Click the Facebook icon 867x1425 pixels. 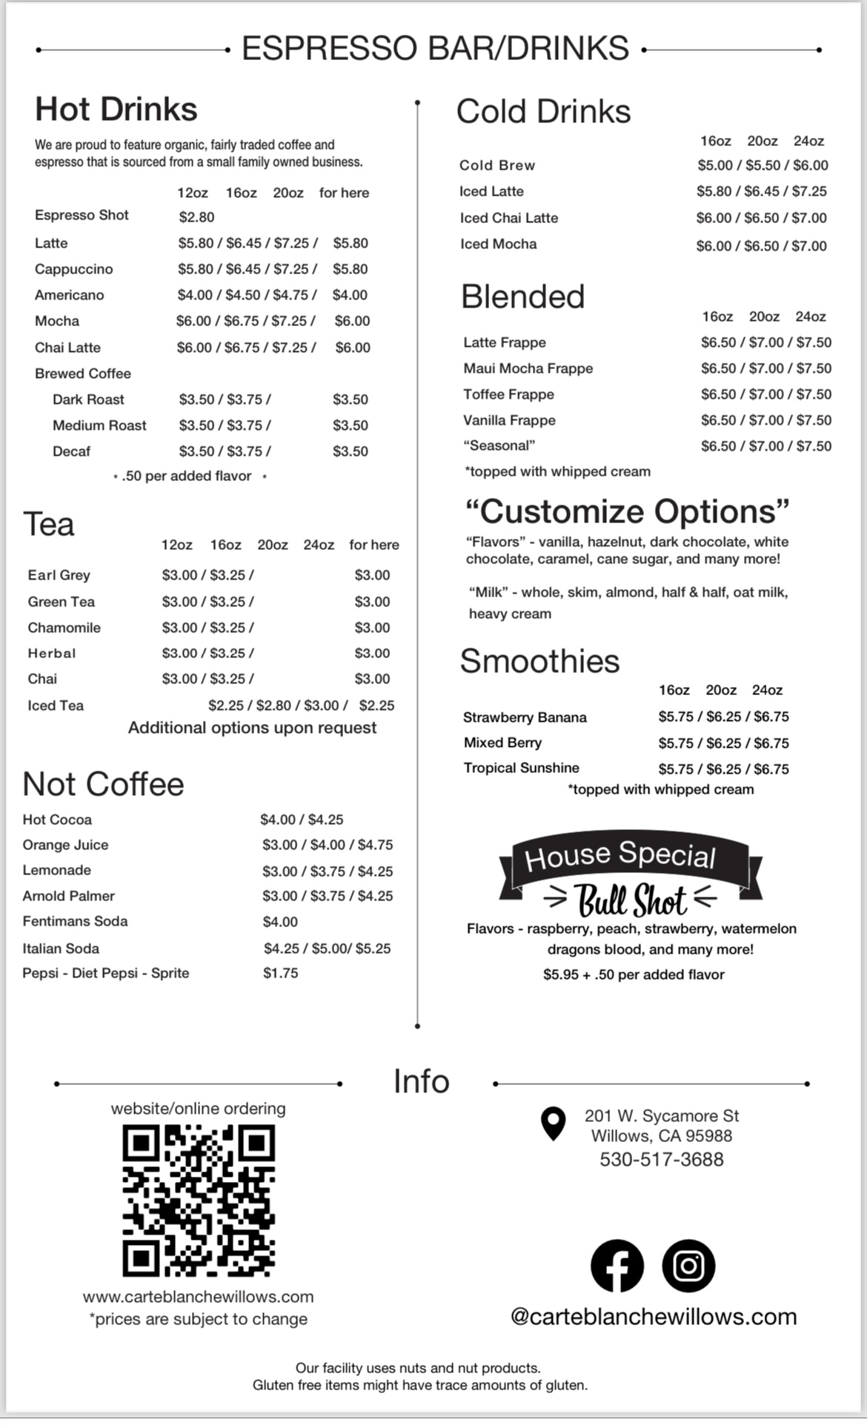(x=617, y=1265)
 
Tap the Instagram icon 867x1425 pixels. (x=688, y=1265)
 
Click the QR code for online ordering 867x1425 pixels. (x=199, y=1200)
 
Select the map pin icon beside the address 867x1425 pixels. (x=553, y=1123)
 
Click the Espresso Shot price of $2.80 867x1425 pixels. (x=196, y=217)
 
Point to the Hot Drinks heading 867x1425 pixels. (x=116, y=109)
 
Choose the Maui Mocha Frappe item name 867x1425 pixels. (x=528, y=368)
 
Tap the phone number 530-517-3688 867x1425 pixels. (x=661, y=1159)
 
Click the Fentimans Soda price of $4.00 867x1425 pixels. (x=280, y=922)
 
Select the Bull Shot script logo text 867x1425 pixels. (x=631, y=900)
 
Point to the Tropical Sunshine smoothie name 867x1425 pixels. (x=521, y=768)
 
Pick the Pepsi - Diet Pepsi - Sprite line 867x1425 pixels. (x=105, y=973)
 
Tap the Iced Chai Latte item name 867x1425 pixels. (x=508, y=218)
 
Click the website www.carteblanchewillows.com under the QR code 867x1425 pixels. (x=198, y=1297)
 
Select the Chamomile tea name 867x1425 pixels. (x=64, y=628)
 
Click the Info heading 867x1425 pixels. (x=421, y=1081)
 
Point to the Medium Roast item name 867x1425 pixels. (x=99, y=425)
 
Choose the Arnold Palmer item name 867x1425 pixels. (x=68, y=896)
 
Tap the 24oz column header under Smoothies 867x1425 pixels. (x=767, y=690)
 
